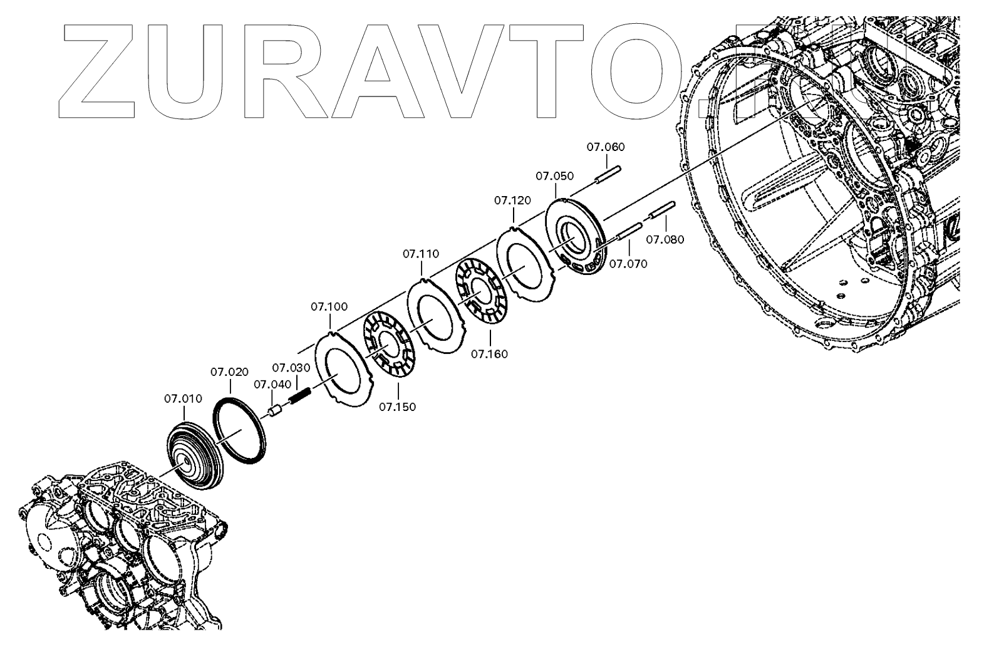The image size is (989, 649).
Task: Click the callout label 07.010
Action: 183,398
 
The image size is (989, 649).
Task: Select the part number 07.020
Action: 229,371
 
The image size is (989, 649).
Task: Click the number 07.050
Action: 554,176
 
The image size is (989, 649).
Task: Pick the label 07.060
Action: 606,147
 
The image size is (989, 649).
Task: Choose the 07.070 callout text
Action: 628,264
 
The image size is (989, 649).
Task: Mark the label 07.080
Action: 665,239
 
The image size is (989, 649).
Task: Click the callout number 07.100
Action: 329,306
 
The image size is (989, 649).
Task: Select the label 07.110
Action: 421,254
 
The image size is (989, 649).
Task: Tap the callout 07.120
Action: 512,200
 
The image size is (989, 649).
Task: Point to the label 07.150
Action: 397,407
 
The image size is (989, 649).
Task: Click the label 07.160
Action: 489,354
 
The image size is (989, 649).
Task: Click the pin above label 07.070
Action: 629,231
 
